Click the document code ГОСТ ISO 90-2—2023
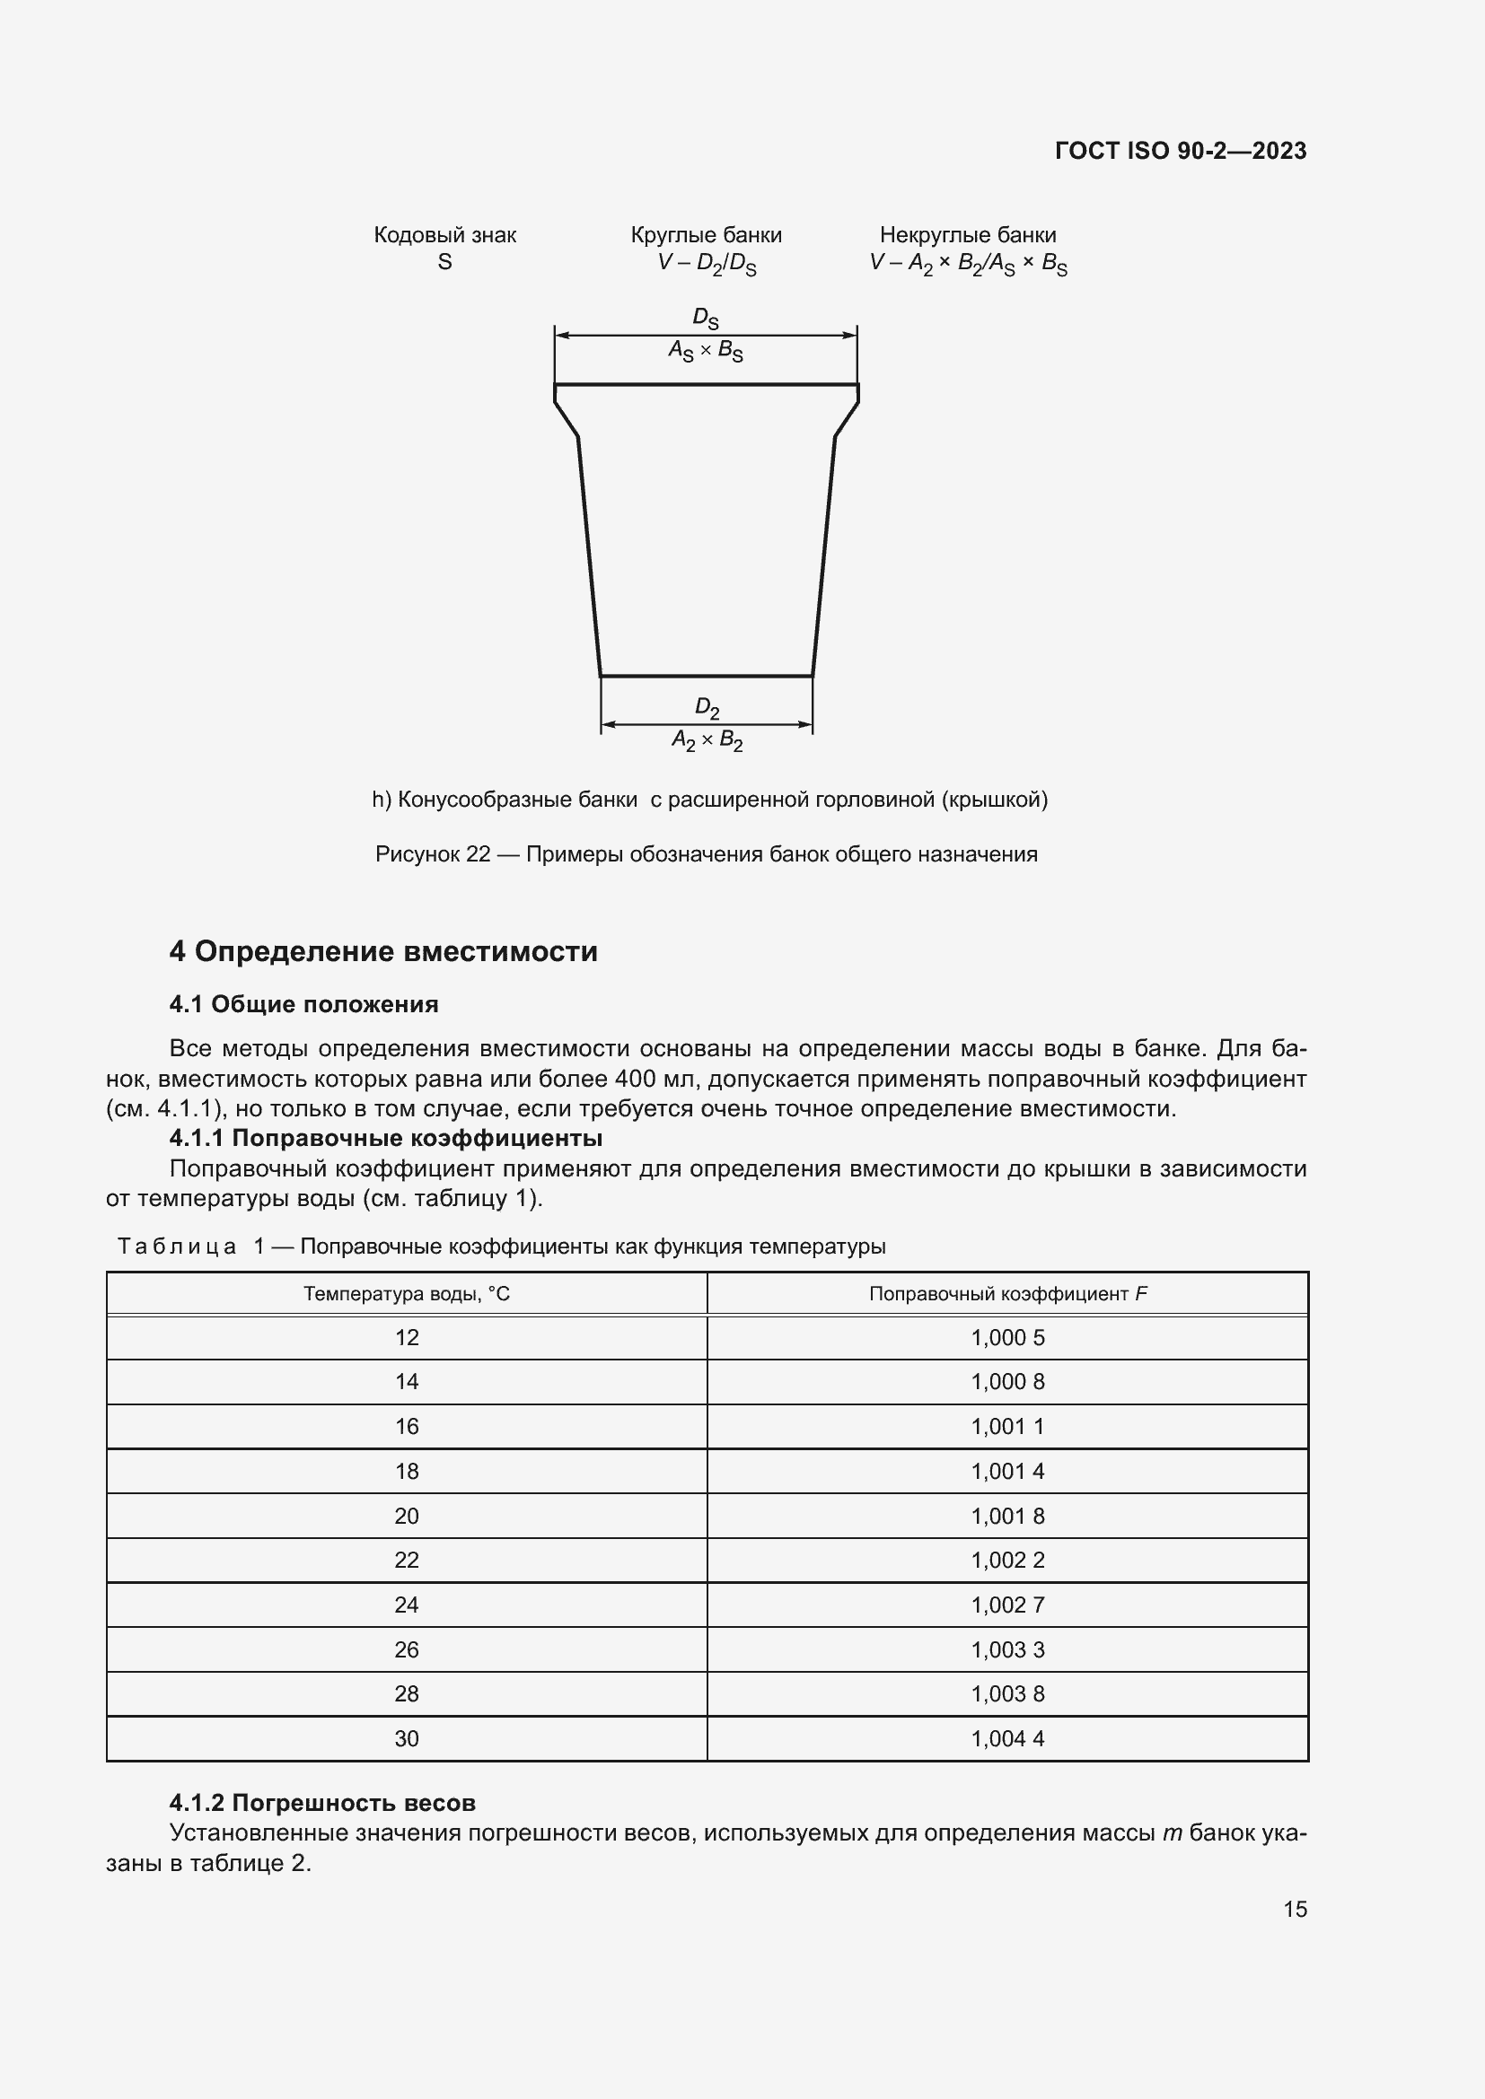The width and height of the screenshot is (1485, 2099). pyautogui.click(x=1180, y=151)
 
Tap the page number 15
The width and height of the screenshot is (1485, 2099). pyautogui.click(x=1295, y=1909)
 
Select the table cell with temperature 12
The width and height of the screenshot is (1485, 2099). pyautogui.click(x=407, y=1337)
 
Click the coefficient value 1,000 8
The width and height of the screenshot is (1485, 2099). pyautogui.click(x=1006, y=1381)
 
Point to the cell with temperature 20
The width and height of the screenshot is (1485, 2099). pyautogui.click(x=407, y=1516)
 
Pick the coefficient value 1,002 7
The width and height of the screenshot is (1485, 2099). pyautogui.click(x=1006, y=1605)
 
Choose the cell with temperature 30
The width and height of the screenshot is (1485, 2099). pyautogui.click(x=407, y=1738)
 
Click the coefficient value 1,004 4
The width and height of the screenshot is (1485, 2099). pyautogui.click(x=1006, y=1738)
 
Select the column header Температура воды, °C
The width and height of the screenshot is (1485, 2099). pyautogui.click(x=407, y=1294)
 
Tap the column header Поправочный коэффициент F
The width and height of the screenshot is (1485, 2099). pyautogui.click(x=1006, y=1294)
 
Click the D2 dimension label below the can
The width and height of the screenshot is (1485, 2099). pyautogui.click(x=707, y=706)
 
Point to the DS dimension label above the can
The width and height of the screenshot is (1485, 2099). pyautogui.click(x=705, y=319)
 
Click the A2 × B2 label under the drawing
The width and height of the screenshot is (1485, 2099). pyautogui.click(x=707, y=739)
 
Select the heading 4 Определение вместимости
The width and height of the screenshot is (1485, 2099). pyautogui.click(x=383, y=951)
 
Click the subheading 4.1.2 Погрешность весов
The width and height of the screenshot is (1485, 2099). pyautogui.click(x=322, y=1803)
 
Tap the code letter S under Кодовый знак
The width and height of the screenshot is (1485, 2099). pyautogui.click(x=444, y=262)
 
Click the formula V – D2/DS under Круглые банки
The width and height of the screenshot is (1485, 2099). pyautogui.click(x=706, y=263)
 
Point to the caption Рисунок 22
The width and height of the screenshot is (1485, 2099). pyautogui.click(x=706, y=853)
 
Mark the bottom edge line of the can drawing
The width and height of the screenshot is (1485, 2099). pyautogui.click(x=706, y=677)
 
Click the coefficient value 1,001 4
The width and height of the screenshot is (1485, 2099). pyautogui.click(x=1006, y=1471)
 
